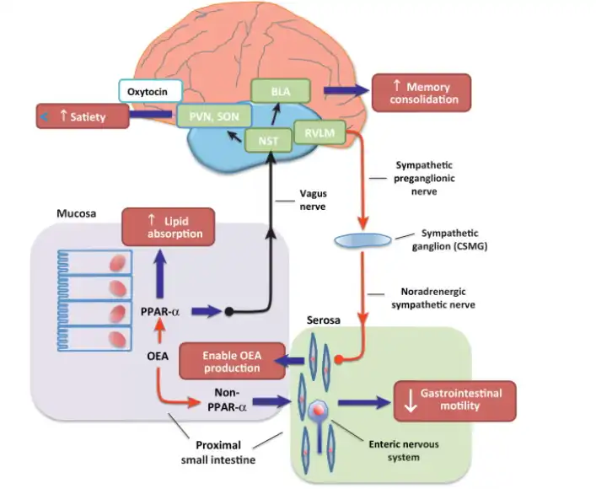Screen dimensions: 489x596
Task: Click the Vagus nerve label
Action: click(314, 198)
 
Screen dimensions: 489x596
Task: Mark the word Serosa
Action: click(325, 324)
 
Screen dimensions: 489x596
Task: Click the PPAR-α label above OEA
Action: click(160, 312)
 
